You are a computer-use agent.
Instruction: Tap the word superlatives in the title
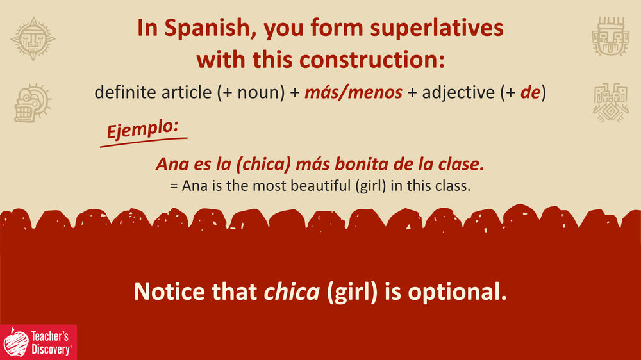click(x=437, y=29)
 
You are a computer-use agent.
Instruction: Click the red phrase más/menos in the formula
click(x=354, y=92)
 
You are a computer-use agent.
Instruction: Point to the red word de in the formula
click(x=531, y=92)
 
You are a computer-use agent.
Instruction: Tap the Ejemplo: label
click(x=143, y=129)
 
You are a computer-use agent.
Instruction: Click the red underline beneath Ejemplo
click(x=144, y=143)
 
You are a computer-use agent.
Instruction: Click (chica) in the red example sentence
click(x=263, y=164)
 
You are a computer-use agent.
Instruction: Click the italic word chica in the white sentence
click(x=292, y=291)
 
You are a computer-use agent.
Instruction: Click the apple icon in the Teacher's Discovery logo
click(x=17, y=343)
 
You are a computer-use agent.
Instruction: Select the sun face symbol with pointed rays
click(x=33, y=39)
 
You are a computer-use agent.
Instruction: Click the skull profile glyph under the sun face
click(x=32, y=102)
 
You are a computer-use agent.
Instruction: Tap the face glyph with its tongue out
click(x=611, y=37)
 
